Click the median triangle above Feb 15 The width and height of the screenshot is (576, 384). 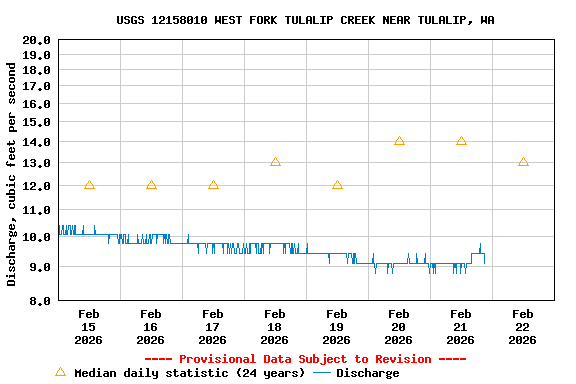pos(89,185)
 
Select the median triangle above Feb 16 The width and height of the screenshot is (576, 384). pos(151,185)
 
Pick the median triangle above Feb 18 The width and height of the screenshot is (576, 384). pos(275,161)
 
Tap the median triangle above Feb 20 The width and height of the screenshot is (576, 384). pos(399,141)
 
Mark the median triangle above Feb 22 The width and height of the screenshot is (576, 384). pos(523,161)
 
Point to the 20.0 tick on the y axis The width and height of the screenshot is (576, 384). pos(37,40)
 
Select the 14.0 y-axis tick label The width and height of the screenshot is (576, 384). pos(37,141)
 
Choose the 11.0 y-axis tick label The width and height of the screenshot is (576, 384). pos(37,210)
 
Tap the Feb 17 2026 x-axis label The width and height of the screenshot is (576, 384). pos(213,326)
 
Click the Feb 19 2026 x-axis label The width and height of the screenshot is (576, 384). pos(337,326)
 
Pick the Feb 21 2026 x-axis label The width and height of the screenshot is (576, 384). pos(461,326)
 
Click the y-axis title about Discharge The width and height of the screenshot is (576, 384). pos(12,174)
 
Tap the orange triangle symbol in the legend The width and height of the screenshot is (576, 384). pos(60,372)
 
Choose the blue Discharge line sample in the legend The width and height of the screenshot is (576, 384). pos(322,373)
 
